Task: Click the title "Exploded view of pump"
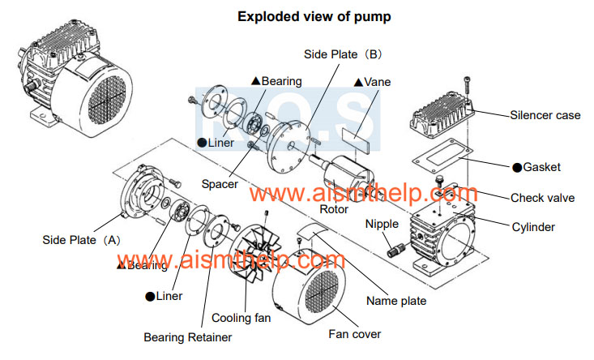click(297, 15)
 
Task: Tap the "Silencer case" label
click(545, 115)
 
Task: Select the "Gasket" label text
click(541, 167)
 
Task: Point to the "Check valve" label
click(543, 198)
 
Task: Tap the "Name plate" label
click(395, 301)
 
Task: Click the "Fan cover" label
click(354, 333)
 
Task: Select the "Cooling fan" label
click(241, 318)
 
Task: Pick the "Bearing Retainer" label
click(188, 336)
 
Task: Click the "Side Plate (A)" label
click(81, 240)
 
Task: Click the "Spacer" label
click(220, 184)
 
